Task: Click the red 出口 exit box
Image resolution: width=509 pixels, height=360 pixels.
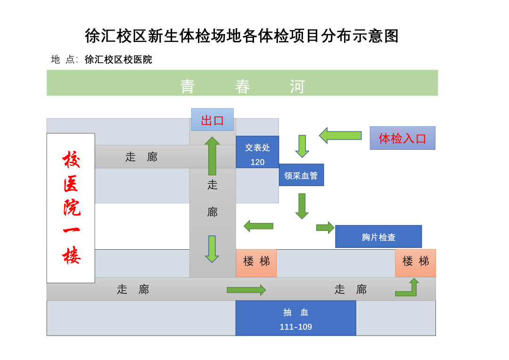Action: pos(212,120)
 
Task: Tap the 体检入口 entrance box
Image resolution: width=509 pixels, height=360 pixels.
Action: pos(402,138)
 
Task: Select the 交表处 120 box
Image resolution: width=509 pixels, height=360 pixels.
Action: pos(257,152)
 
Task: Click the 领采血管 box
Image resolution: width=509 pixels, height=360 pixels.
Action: pos(301,175)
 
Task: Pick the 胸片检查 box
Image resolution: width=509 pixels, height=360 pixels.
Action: pos(378,237)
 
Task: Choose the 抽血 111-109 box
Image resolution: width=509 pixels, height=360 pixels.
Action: pos(296,319)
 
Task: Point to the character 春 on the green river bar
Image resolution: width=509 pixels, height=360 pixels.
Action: pos(243,86)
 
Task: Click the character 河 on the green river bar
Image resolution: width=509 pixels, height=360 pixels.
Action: pos(297,86)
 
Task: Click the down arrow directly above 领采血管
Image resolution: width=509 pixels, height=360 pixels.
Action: pos(302,146)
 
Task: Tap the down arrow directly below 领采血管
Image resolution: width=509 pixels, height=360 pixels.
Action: pos(302,206)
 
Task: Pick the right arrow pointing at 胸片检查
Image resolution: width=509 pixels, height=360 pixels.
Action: pos(325,228)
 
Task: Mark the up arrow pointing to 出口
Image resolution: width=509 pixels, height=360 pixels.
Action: pos(212,156)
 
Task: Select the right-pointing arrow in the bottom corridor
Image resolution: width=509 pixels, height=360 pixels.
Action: pos(246,290)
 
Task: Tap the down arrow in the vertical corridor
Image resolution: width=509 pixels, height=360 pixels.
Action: pos(212,249)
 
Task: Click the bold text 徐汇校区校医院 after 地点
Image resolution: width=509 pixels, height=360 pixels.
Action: pos(118,59)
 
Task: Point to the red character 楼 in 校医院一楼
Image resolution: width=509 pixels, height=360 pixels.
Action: pos(71,255)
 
